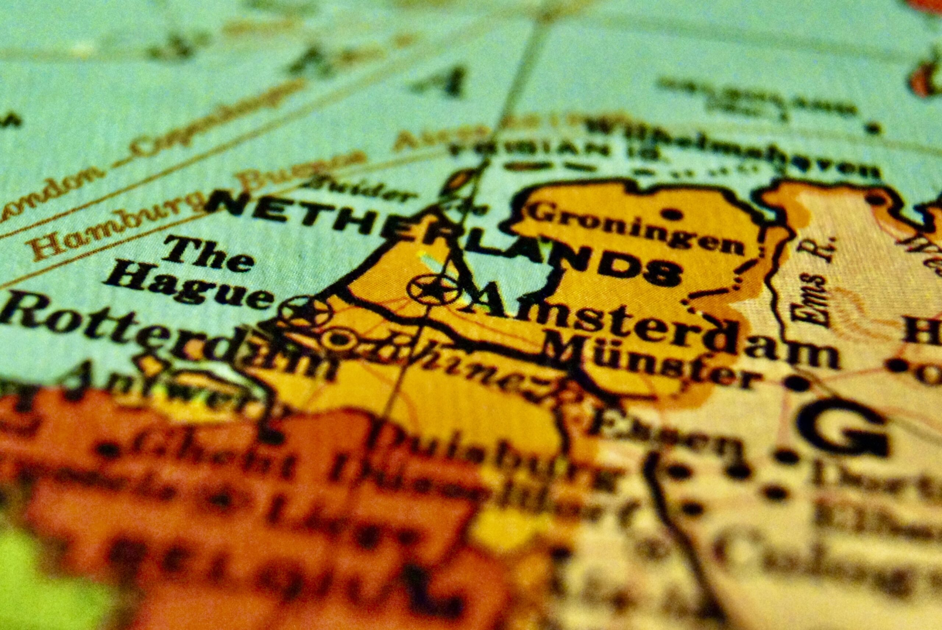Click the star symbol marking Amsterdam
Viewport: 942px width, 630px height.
coord(433,288)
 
